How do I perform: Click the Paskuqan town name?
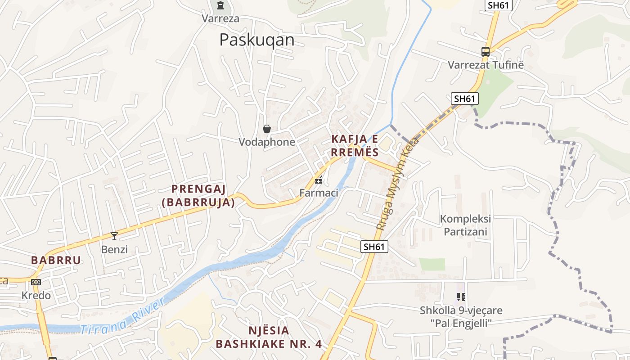256,40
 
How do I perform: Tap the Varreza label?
220,18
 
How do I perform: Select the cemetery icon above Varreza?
220,5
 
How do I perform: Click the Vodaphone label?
267,142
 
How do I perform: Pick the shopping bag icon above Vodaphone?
267,129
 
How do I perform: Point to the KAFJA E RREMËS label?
355,145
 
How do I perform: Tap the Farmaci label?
319,193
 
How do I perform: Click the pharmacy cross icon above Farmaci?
319,181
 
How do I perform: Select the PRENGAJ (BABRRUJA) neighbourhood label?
198,196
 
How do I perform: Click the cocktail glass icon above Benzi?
114,236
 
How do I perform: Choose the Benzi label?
114,249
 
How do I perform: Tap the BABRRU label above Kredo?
56,260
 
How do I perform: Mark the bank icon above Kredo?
36,282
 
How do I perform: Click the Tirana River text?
122,318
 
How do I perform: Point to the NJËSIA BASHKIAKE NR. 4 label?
269,337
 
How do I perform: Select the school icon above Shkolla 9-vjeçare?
461,297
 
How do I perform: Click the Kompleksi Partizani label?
465,225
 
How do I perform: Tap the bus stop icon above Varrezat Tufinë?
485,52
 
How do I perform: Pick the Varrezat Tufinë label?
486,65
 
